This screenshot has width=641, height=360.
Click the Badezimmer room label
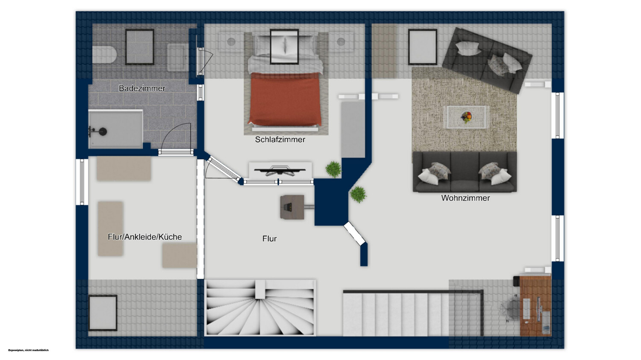(142, 88)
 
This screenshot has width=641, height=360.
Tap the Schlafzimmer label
(280, 140)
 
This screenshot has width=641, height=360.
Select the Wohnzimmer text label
(465, 198)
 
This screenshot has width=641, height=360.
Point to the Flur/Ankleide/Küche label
(145, 237)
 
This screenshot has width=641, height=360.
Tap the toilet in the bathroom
(104, 54)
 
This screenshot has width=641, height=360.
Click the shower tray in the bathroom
(115, 129)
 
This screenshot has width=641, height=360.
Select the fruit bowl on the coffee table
(467, 117)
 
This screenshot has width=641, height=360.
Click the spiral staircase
(260, 307)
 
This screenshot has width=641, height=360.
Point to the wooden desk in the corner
(535, 305)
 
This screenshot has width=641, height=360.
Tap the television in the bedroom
(280, 171)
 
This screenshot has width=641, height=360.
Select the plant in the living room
(358, 194)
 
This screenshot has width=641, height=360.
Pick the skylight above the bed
(285, 47)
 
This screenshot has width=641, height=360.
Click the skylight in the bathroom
(140, 47)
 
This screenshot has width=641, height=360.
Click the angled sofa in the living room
(487, 60)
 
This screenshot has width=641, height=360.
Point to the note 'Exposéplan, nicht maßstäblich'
(29, 350)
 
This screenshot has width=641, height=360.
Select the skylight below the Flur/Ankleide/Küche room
(103, 313)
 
